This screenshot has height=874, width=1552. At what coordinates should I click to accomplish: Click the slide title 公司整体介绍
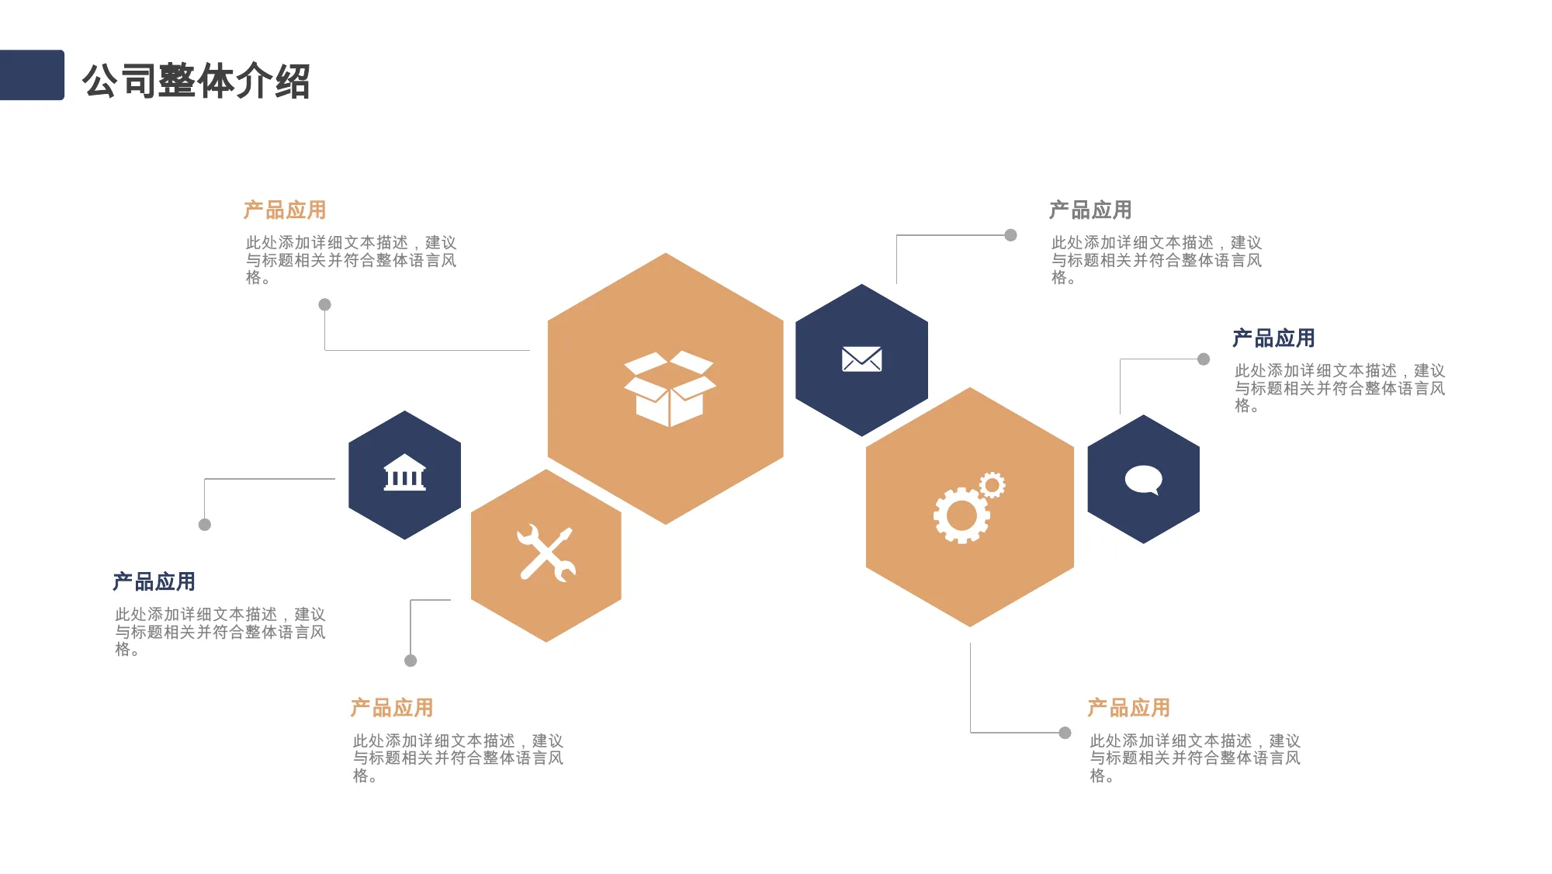pyautogui.click(x=196, y=81)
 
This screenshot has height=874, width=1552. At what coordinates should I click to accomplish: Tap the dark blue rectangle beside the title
pyautogui.click(x=32, y=75)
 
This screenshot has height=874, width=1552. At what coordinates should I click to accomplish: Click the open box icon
pyautogui.click(x=670, y=389)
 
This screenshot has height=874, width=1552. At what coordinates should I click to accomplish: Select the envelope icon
pyautogui.click(x=861, y=359)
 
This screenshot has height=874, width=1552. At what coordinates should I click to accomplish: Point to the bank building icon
pyautogui.click(x=405, y=473)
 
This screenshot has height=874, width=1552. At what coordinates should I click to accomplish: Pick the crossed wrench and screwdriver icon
pyautogui.click(x=546, y=553)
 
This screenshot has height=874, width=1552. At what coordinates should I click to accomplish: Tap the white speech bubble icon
pyautogui.click(x=1144, y=480)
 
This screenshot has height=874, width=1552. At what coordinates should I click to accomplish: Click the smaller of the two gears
pyautogui.click(x=992, y=485)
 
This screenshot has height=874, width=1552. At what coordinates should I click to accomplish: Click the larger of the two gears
pyautogui.click(x=962, y=515)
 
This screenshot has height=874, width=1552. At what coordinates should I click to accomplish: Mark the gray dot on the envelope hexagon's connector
pyautogui.click(x=1010, y=235)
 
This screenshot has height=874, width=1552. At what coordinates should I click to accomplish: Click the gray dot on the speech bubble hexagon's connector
pyautogui.click(x=1204, y=359)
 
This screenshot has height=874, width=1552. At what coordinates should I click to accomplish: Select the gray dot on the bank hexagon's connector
pyautogui.click(x=205, y=525)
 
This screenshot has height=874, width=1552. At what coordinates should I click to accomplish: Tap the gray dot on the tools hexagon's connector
pyautogui.click(x=411, y=661)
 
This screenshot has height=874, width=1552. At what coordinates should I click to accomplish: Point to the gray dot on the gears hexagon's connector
pyautogui.click(x=1065, y=733)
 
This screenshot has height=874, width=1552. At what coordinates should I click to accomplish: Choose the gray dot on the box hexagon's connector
pyautogui.click(x=325, y=305)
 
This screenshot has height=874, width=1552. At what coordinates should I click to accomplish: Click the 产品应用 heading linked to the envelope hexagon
pyautogui.click(x=1090, y=210)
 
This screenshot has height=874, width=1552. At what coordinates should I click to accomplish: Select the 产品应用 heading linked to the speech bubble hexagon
pyautogui.click(x=1273, y=338)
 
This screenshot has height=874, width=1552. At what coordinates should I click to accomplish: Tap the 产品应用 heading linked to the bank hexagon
pyautogui.click(x=154, y=582)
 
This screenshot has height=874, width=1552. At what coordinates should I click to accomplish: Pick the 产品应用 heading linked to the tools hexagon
pyautogui.click(x=392, y=708)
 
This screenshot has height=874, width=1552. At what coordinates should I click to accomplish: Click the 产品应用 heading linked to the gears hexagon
pyautogui.click(x=1128, y=708)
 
